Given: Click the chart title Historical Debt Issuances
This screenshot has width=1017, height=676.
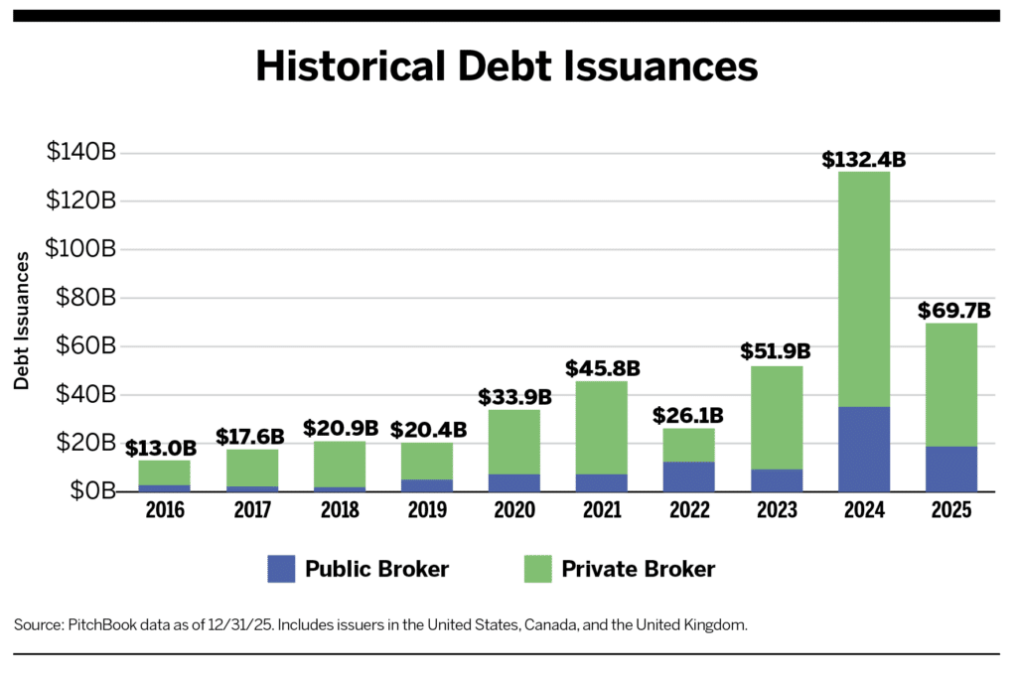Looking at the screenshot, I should tap(508, 66).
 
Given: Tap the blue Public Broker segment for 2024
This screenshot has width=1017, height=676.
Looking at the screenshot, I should tap(863, 449).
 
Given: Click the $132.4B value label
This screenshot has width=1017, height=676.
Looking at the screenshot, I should tap(863, 159).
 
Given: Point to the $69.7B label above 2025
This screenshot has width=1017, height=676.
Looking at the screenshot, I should tap(950, 311).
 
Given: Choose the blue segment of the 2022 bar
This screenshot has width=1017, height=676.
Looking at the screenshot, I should tap(687, 476).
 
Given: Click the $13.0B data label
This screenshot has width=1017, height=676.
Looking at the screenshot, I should tap(161, 448).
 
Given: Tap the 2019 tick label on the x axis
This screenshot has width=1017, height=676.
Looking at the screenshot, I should tap(427, 510).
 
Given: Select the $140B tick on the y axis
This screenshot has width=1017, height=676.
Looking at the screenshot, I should tap(81, 153).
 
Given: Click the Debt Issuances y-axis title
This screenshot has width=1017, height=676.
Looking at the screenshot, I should tap(21, 321).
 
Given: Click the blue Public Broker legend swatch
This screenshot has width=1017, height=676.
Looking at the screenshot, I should tap(281, 569).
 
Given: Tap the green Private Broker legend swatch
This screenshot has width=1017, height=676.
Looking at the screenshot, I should tap(536, 569).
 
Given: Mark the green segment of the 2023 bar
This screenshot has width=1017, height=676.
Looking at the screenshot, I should tap(776, 417).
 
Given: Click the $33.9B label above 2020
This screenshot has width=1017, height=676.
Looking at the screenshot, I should tap(514, 397).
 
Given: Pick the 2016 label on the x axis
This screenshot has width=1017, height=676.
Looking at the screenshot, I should tap(164, 510).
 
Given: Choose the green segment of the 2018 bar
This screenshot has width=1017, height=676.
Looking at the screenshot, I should tap(339, 464).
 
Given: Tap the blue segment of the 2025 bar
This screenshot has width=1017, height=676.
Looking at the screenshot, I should tap(950, 469).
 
